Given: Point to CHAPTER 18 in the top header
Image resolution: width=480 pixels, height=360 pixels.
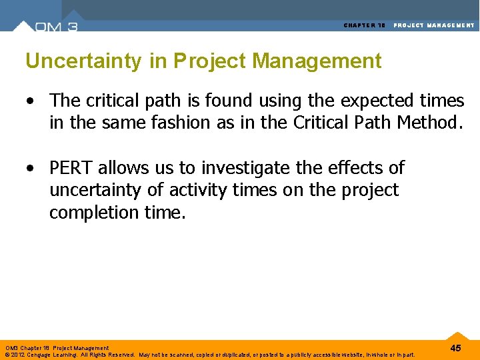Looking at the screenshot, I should click(x=365, y=25).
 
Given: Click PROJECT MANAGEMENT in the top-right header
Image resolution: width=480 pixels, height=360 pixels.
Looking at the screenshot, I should click(x=434, y=25).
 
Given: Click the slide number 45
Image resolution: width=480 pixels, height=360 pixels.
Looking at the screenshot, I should click(x=455, y=348).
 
